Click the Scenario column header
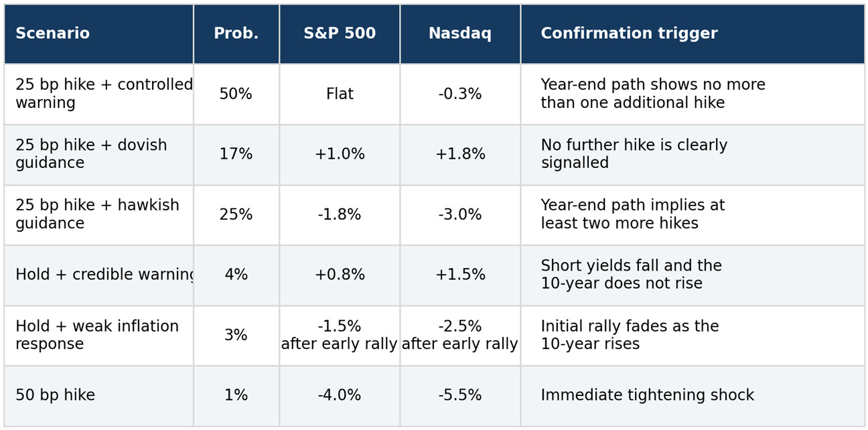pyautogui.click(x=53, y=33)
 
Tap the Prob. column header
pyautogui.click(x=236, y=33)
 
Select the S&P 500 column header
pyautogui.click(x=340, y=33)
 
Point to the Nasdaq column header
pyautogui.click(x=460, y=34)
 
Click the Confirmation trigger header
pyautogui.click(x=630, y=34)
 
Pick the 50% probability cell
pyautogui.click(x=236, y=94)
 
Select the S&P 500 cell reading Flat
pyautogui.click(x=340, y=94)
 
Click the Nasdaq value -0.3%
pyautogui.click(x=460, y=94)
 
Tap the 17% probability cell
pyautogui.click(x=236, y=154)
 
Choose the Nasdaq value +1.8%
pyautogui.click(x=460, y=154)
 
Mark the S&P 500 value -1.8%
pyautogui.click(x=340, y=214)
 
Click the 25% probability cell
pyautogui.click(x=236, y=214)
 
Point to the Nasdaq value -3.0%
pyautogui.click(x=460, y=214)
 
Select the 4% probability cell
pyautogui.click(x=236, y=274)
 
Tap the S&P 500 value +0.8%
pyautogui.click(x=340, y=274)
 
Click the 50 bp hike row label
pyautogui.click(x=56, y=395)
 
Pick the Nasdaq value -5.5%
pyautogui.click(x=460, y=395)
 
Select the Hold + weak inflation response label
pyautogui.click(x=97, y=335)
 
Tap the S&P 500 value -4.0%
pyautogui.click(x=340, y=395)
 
